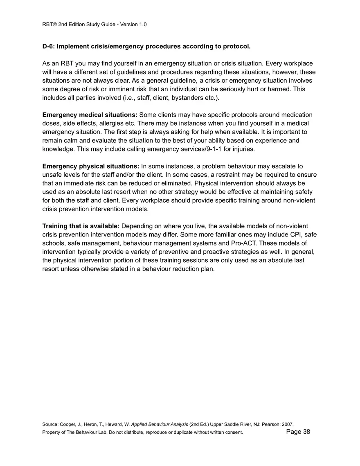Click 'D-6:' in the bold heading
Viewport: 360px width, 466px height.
(49, 46)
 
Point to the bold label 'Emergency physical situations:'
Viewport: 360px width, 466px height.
(91, 166)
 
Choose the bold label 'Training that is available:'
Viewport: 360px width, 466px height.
(81, 226)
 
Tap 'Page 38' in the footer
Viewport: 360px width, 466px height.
(298, 432)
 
